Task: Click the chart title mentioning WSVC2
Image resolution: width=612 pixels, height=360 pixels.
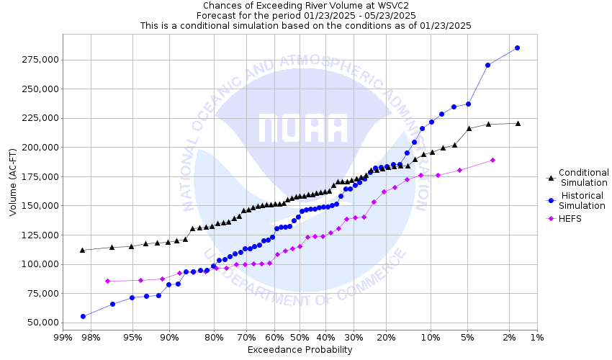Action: [305, 6]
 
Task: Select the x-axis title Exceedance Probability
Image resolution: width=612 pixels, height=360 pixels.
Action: [300, 350]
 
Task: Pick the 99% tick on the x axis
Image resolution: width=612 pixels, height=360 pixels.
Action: [63, 337]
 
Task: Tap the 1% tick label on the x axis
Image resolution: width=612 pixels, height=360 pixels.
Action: [536, 337]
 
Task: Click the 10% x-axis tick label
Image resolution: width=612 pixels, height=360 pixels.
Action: [430, 337]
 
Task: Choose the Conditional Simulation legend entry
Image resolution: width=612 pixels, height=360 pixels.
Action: [584, 177]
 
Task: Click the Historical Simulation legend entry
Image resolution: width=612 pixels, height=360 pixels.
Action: [582, 200]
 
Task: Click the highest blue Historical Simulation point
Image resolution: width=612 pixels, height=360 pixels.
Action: [517, 48]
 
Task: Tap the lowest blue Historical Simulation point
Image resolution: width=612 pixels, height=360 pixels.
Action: [83, 316]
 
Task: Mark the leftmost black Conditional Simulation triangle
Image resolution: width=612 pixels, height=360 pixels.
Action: [82, 250]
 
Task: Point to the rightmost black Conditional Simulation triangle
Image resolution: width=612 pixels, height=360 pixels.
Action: [518, 123]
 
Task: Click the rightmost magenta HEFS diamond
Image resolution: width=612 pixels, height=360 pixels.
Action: [492, 160]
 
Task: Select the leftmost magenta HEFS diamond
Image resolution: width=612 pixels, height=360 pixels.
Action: [107, 281]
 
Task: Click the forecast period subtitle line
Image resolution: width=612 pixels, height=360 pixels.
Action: [305, 15]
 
